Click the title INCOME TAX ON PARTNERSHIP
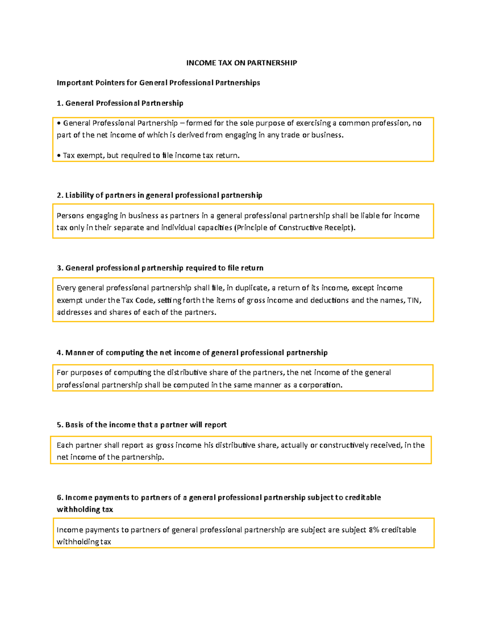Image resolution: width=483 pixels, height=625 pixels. (242, 63)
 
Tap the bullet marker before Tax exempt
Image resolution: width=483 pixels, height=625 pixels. (59, 155)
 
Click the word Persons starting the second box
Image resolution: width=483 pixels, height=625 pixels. (70, 216)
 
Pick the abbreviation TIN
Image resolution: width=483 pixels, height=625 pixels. (413, 300)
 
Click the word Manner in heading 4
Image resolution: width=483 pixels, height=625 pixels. (79, 353)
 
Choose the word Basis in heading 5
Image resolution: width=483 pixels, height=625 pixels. (74, 425)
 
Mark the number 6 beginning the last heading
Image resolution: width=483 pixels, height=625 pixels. (59, 497)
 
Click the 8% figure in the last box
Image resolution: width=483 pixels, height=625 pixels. (374, 530)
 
